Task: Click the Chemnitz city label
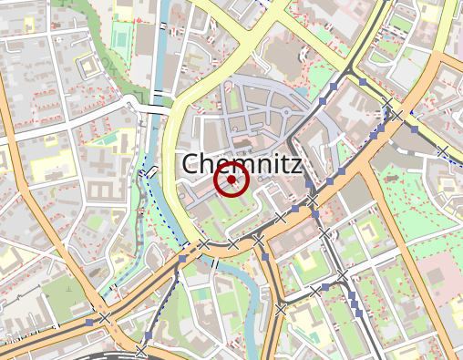click(x=242, y=164)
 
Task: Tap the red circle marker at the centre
click(x=231, y=180)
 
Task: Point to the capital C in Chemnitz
click(x=192, y=164)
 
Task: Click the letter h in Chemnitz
click(x=211, y=164)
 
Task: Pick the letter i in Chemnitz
click(x=273, y=164)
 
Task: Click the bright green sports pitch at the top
click(x=121, y=35)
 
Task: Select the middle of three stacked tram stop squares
click(x=352, y=303)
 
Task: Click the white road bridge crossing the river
click(x=158, y=96)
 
